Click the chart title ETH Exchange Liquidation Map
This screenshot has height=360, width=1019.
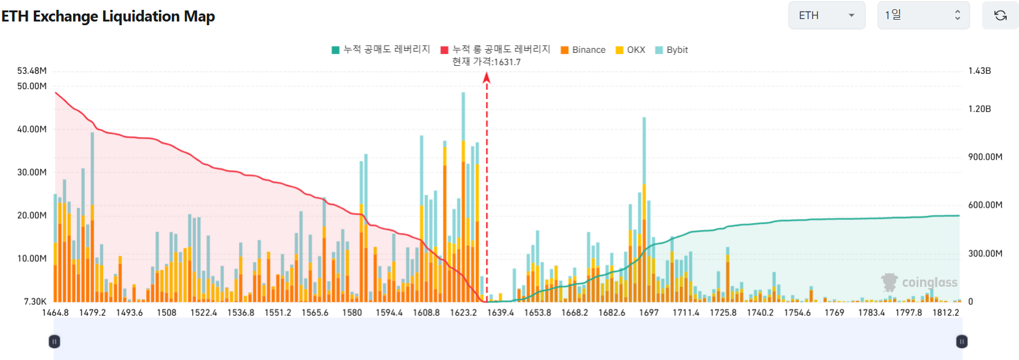(x=108, y=17)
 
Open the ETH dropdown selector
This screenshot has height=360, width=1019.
(x=826, y=15)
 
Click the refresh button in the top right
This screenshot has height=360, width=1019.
(x=1000, y=15)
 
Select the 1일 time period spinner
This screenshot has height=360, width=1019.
(x=923, y=15)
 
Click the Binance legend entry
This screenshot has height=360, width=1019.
(x=583, y=50)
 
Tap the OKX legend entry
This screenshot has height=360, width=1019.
(x=631, y=50)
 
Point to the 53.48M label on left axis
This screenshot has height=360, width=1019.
(x=32, y=71)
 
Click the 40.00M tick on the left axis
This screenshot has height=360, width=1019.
(x=32, y=129)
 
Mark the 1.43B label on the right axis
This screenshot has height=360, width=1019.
(x=980, y=71)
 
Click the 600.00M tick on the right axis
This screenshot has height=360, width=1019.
(x=985, y=205)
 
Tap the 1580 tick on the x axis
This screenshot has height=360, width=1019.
(x=352, y=313)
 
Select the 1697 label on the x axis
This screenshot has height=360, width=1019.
(x=649, y=313)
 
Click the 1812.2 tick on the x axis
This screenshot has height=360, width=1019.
(x=945, y=313)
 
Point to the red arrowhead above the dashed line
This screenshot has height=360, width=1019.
(x=486, y=77)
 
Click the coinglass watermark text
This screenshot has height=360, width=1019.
(x=929, y=283)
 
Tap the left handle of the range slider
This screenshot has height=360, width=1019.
(x=54, y=342)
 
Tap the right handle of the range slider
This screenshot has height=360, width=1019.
(x=962, y=342)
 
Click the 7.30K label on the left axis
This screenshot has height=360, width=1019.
(x=35, y=302)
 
